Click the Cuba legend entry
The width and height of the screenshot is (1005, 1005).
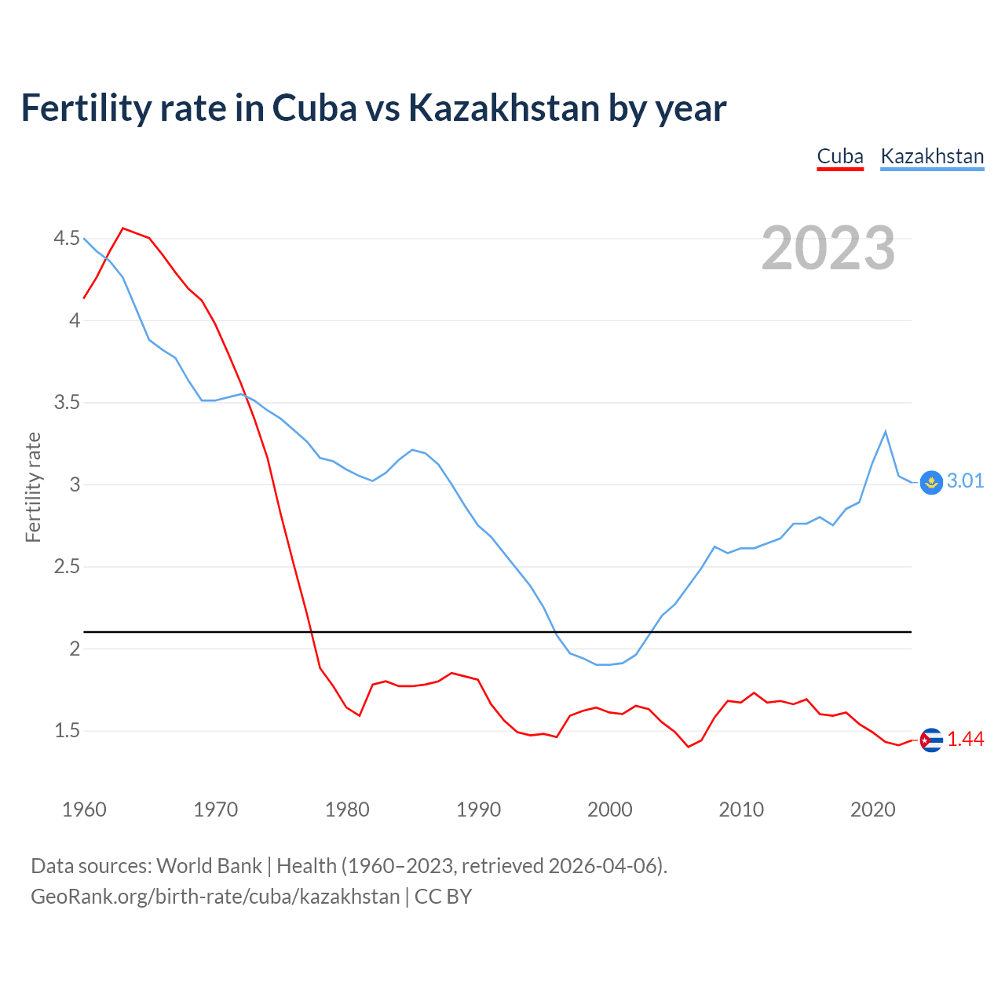point(840,156)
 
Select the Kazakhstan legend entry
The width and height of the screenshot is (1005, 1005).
point(932,156)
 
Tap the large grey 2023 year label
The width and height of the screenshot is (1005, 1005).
point(828,248)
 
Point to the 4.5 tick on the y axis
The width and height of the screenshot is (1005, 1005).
point(67,238)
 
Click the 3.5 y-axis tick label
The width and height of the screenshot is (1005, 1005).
point(67,403)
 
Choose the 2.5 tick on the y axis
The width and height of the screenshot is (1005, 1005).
point(67,567)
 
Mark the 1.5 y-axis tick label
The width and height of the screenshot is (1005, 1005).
point(67,731)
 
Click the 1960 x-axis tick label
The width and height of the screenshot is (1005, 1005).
point(84,809)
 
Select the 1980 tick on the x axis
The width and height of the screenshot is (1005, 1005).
point(347,809)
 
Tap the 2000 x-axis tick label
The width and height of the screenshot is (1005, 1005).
point(610,809)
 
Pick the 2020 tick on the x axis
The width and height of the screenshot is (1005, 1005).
point(872,809)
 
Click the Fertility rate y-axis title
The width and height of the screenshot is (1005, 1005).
point(33,487)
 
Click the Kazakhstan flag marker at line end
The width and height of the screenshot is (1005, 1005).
point(931,482)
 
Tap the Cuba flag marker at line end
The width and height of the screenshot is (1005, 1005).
point(931,740)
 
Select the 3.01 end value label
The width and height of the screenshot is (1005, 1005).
point(965,481)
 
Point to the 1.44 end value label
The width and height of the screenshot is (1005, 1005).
point(965,740)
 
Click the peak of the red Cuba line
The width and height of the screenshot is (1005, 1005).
point(123,228)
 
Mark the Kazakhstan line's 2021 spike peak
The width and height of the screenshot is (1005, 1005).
point(886,431)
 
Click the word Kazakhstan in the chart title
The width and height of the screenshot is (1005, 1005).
point(503,108)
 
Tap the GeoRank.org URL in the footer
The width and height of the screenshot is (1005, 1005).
point(215,897)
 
